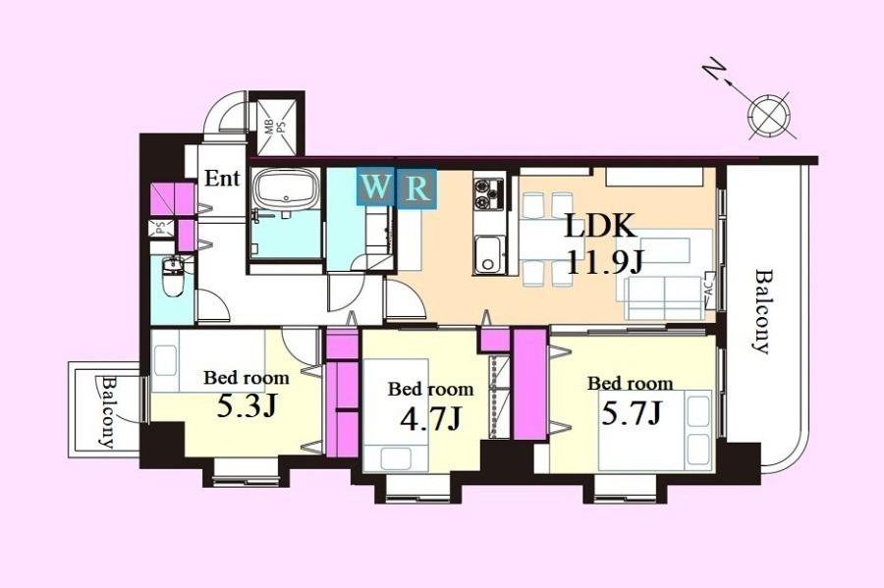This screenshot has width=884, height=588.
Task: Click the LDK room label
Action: (601, 227)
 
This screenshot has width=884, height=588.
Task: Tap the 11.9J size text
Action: (604, 261)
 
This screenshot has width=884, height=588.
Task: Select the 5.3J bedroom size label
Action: (247, 406)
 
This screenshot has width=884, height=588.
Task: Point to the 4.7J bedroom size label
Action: (430, 418)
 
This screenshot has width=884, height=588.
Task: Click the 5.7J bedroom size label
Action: (631, 413)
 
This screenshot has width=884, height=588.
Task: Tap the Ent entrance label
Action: (222, 179)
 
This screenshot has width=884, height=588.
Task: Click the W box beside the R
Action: (376, 188)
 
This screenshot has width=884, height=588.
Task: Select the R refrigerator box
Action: (417, 188)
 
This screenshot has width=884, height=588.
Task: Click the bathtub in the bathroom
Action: (287, 188)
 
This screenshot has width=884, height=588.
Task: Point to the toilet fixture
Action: (173, 276)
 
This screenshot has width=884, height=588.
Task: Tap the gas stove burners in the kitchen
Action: (488, 193)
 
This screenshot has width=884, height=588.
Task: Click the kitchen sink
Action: (488, 255)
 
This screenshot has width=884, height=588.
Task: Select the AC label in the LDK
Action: (708, 288)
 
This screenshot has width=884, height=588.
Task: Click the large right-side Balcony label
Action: (762, 312)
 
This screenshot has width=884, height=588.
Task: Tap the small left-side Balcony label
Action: (106, 411)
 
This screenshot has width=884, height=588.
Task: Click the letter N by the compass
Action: (713, 73)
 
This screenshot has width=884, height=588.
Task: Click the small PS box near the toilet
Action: (160, 229)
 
